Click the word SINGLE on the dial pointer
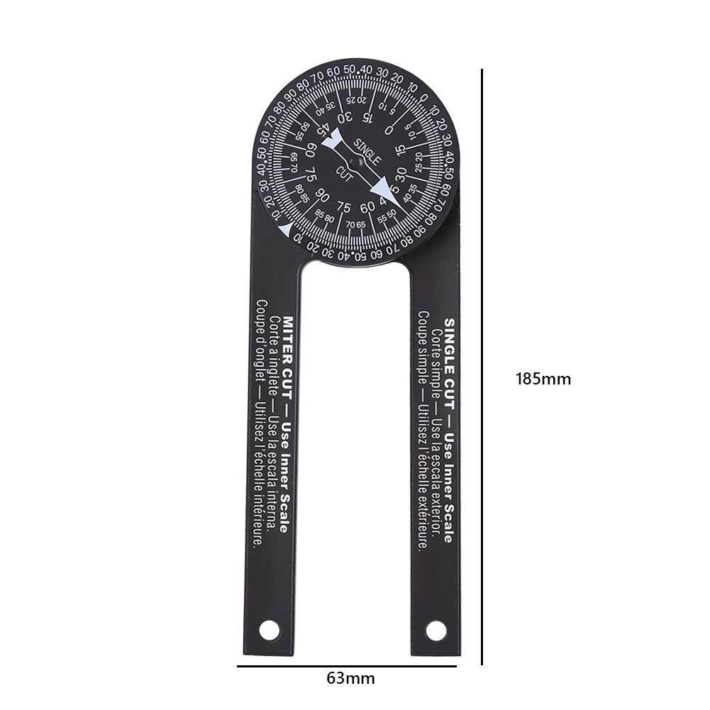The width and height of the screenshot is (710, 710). pos(368,149)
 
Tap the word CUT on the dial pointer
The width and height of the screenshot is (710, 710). pos(346,172)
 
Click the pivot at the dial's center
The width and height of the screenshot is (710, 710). pos(358,162)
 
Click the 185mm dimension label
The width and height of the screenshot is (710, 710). pos(543,378)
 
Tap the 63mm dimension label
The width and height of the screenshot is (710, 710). pos(350,678)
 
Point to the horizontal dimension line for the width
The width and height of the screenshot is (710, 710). pos(350,666)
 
